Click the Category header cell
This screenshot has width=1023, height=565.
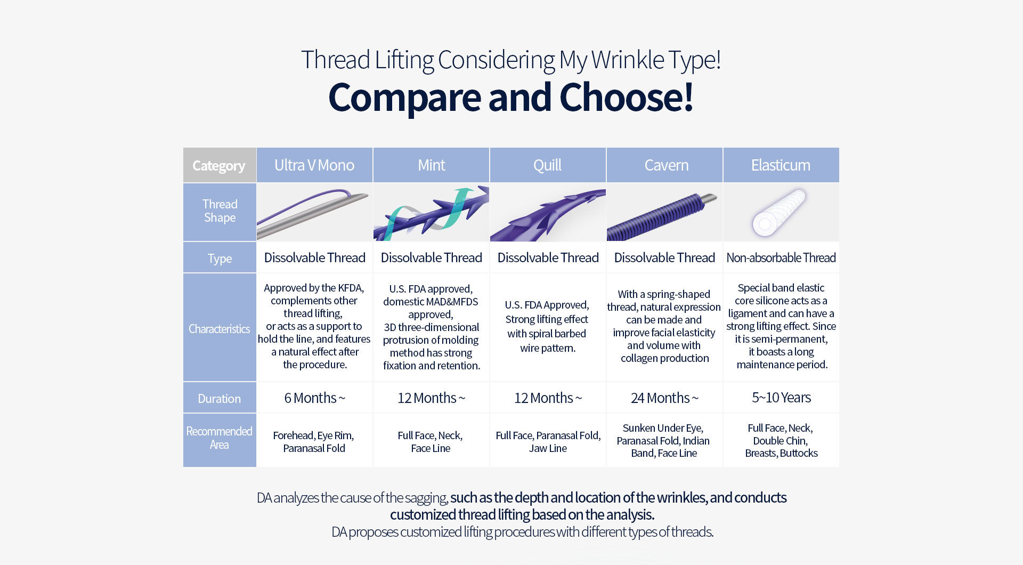coord(220,165)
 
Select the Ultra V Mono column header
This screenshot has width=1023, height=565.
coord(314,165)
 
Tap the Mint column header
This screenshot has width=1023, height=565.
coord(431,165)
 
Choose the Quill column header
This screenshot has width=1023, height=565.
coord(548,165)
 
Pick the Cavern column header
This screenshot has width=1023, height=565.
coord(664,165)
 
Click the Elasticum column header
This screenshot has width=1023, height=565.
coord(781,165)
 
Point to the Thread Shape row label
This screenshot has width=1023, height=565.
coord(220,212)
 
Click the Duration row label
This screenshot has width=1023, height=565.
coord(220,398)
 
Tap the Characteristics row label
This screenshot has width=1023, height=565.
coord(220,328)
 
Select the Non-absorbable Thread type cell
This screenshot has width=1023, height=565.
coord(781,258)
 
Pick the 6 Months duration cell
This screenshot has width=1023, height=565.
coord(314,398)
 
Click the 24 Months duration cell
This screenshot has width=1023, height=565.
coord(664,398)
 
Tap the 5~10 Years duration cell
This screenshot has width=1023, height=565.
coord(781,398)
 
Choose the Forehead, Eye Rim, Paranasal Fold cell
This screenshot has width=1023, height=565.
coord(314,441)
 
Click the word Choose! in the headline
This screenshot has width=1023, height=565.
coord(626,98)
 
